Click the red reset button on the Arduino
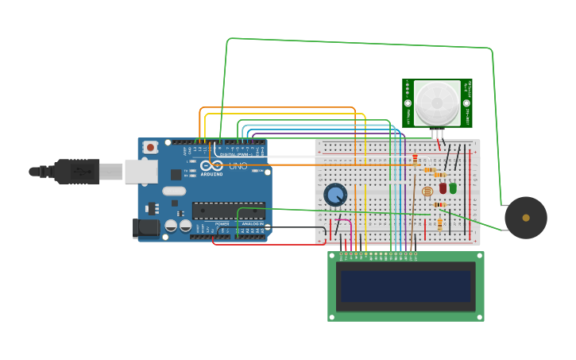[150, 148]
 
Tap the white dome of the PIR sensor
[437, 103]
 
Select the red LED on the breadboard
[443, 188]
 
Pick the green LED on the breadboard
[453, 188]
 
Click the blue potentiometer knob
[335, 195]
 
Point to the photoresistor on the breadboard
[427, 192]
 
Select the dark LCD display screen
[406, 286]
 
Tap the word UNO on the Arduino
[238, 166]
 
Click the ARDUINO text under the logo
[211, 174]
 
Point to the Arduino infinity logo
[213, 165]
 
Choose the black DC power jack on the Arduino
[146, 228]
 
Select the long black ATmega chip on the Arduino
[228, 211]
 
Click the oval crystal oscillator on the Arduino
[174, 191]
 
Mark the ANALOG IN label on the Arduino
[252, 224]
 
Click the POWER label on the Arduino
[222, 224]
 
